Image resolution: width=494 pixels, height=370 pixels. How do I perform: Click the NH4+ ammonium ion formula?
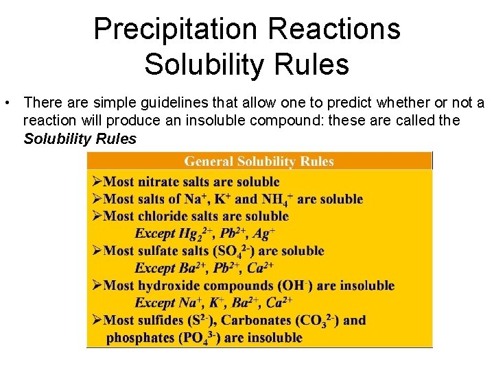277,199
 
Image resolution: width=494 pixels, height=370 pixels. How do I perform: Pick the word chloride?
163,217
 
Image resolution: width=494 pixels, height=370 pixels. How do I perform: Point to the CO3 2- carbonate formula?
322,321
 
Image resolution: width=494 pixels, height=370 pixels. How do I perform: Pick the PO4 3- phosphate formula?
202,338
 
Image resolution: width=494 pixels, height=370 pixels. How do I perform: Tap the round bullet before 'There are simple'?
5,103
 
